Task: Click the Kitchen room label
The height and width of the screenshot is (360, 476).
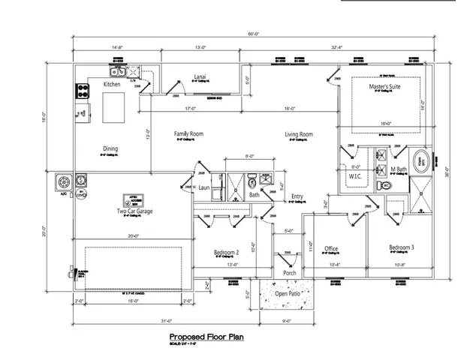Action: click(113, 85)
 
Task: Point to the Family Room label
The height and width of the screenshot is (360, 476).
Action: click(189, 134)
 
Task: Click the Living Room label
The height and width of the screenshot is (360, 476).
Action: click(298, 135)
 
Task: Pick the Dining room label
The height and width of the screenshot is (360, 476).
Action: click(110, 148)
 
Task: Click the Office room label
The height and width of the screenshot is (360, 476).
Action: click(331, 249)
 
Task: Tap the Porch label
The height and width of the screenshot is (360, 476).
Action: click(289, 272)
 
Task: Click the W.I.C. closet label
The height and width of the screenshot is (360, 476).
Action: click(355, 176)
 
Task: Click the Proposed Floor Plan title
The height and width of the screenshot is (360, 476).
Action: click(206, 337)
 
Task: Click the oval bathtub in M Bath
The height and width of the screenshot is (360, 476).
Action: click(423, 159)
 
